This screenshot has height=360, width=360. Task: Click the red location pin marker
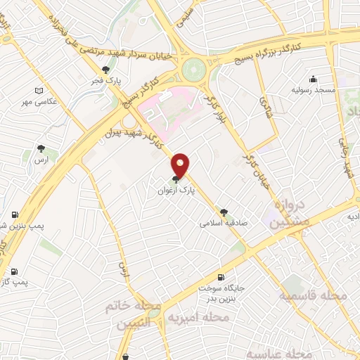point(181,165)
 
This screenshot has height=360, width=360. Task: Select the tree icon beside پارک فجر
point(106,70)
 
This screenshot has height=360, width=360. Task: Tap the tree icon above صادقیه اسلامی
point(224,212)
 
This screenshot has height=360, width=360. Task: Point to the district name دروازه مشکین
point(287,213)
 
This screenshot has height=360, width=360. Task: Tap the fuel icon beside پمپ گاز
point(14,271)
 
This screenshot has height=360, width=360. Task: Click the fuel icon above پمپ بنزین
point(14,214)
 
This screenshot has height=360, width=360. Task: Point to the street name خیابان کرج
point(250,156)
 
